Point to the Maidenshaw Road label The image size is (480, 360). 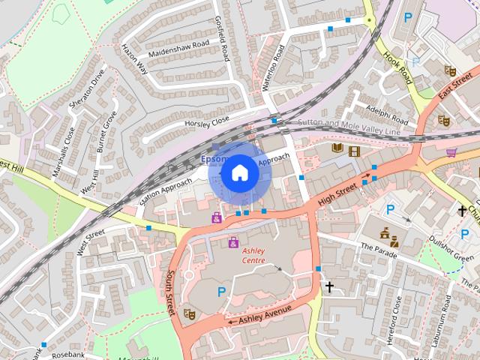(x=178, y=46)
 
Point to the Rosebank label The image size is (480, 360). (x=68, y=355)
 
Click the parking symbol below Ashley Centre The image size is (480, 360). (x=221, y=291)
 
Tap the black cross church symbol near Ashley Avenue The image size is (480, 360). (x=328, y=286)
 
